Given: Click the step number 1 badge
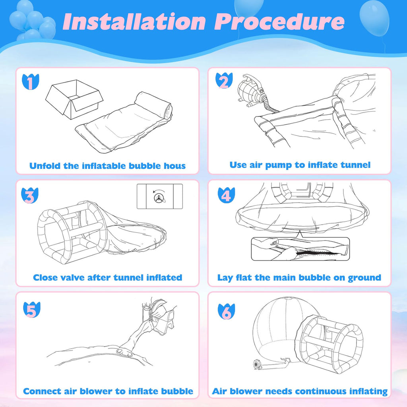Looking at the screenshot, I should click(31, 82).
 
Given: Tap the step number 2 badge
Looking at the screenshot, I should click(223, 81).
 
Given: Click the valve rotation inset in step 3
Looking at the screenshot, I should click(159, 196).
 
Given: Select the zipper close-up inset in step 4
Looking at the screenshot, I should click(300, 249).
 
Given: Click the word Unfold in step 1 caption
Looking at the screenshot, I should click(45, 165).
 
